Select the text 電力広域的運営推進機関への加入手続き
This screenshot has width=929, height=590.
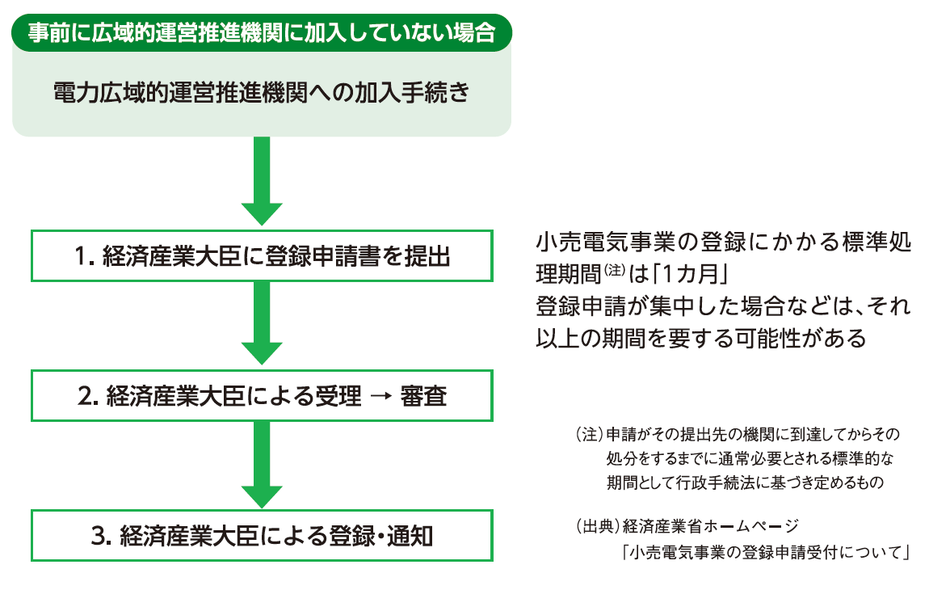tap(260, 93)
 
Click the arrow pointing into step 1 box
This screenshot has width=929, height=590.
tap(261, 181)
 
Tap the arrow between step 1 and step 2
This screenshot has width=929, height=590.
tap(261, 323)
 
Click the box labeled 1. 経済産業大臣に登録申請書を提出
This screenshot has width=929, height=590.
tap(261, 256)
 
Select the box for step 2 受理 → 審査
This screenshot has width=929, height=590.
tap(261, 396)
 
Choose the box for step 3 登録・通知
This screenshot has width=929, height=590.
tap(261, 535)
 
